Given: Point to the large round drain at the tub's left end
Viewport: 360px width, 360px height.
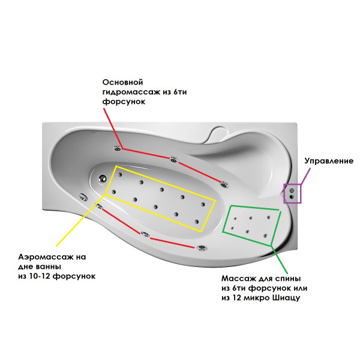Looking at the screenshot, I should coord(102,178).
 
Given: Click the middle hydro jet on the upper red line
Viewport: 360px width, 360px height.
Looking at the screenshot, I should coord(174,159).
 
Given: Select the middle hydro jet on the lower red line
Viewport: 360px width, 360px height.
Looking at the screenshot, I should coord(144,235).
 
